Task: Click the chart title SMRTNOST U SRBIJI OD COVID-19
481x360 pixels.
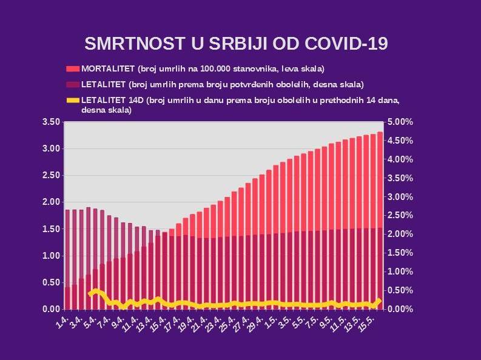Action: pos(236,44)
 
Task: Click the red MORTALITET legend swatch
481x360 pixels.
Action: pos(73,68)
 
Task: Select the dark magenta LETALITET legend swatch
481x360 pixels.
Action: pos(73,84)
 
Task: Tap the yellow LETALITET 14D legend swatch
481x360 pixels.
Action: pos(73,100)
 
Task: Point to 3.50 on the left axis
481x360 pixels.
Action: pos(51,122)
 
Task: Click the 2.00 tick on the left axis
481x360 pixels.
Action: pos(51,202)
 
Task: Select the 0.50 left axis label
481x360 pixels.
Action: pos(51,282)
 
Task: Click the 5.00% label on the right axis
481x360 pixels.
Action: pos(400,122)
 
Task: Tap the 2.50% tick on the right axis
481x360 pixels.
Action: pos(400,216)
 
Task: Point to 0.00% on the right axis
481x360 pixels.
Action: pos(400,309)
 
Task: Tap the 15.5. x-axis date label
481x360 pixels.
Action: pos(367,321)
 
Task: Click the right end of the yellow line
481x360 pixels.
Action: pos(380,300)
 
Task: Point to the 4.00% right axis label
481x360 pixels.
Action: pos(400,160)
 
